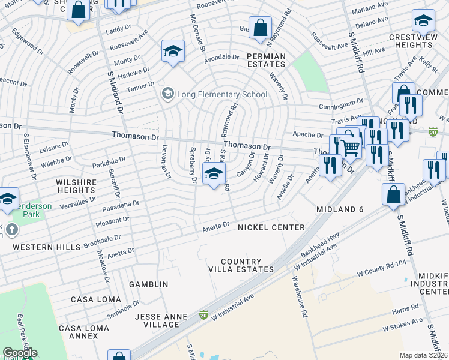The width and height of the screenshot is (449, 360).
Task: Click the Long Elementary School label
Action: click(x=222, y=94)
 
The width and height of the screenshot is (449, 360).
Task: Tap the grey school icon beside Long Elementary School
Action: click(x=167, y=94)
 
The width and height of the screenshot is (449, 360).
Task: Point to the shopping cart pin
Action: click(x=351, y=146)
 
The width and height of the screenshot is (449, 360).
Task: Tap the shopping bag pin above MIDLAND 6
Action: click(x=393, y=195)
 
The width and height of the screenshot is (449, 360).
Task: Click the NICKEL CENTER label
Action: click(x=271, y=227)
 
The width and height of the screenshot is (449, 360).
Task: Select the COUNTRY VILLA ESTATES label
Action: click(x=241, y=266)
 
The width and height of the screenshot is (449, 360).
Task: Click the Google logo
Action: click(x=20, y=353)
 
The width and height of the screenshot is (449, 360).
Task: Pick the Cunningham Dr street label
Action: click(x=343, y=104)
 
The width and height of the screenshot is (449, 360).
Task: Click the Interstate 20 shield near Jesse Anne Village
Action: click(x=203, y=315)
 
